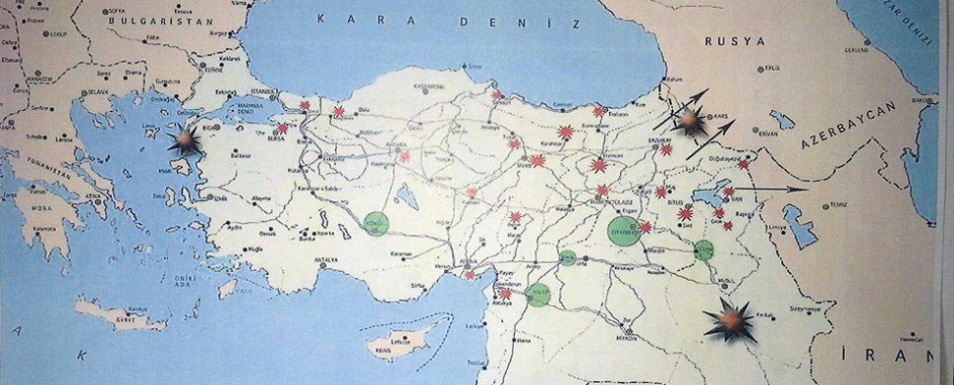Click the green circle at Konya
[x=376, y=223]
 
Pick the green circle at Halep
[x=538, y=294]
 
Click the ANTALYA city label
[x=325, y=259]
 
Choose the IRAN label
[x=884, y=355]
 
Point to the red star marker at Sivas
[x=537, y=160]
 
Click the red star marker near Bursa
[x=283, y=128]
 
